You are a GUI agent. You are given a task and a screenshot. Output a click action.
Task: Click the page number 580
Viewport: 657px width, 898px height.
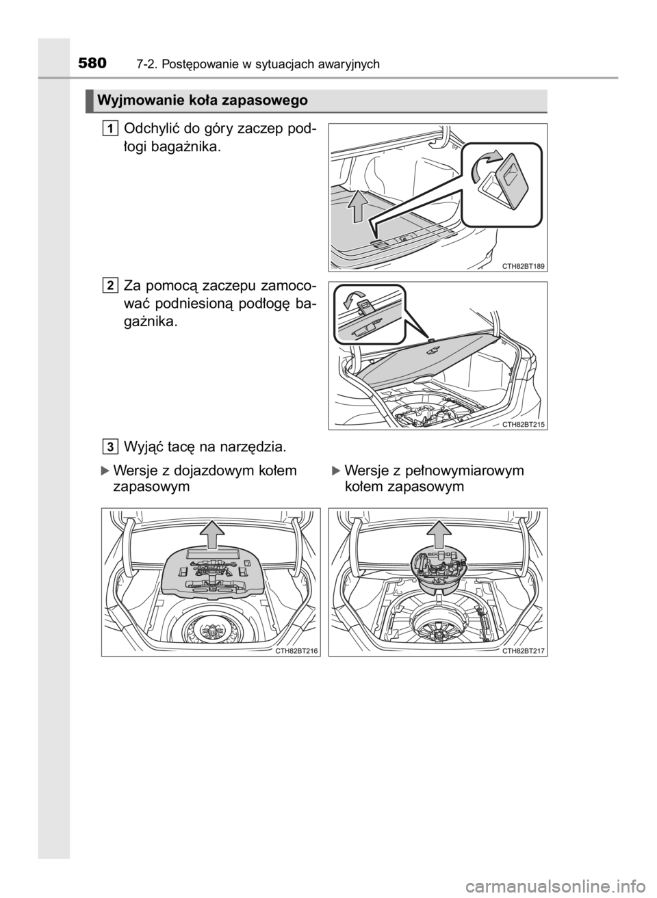point(92,64)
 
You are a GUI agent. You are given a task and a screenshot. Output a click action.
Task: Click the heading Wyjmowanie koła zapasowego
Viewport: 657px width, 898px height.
point(203,100)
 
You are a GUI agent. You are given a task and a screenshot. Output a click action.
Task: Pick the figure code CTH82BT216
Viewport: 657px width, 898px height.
point(297,652)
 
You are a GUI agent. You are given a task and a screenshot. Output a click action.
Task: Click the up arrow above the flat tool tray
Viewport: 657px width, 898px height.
point(211,536)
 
